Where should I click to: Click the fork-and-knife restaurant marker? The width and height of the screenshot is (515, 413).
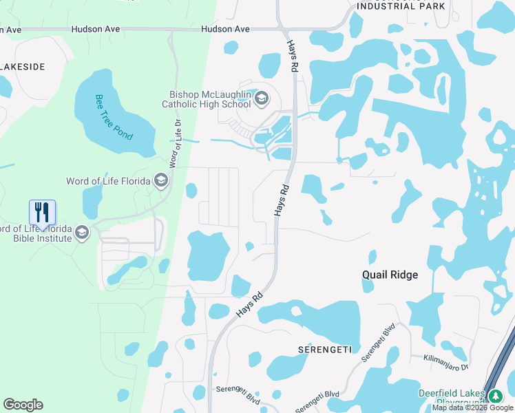(x=42, y=213)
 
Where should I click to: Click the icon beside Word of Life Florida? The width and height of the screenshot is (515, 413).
(x=160, y=181)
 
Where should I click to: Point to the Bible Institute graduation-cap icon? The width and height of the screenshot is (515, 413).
(x=82, y=233)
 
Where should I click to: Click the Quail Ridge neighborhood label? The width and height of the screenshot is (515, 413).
(x=390, y=275)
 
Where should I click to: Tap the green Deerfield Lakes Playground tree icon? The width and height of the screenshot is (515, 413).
(x=495, y=396)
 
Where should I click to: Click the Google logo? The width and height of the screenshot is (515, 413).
(x=23, y=405)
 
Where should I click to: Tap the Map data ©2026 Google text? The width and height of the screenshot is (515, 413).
(x=472, y=407)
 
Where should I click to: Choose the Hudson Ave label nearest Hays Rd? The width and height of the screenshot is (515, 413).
(x=225, y=29)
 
